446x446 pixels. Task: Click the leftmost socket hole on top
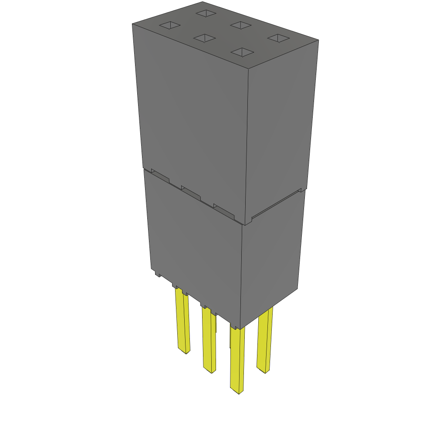point(170,26)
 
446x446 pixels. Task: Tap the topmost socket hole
point(206,13)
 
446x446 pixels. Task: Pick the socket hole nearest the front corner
point(242,52)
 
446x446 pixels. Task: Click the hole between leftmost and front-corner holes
point(204,38)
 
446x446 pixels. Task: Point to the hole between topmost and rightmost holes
point(241,25)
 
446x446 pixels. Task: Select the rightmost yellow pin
point(264,340)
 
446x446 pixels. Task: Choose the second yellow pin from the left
point(209,340)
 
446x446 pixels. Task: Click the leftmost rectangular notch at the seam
point(160,175)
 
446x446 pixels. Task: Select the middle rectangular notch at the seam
point(191,193)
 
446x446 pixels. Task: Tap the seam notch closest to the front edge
point(223,210)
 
